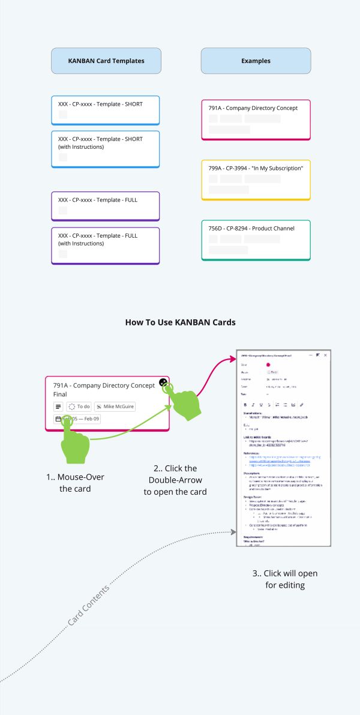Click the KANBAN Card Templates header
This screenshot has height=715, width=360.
[106, 61]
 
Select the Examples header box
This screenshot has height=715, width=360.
[256, 61]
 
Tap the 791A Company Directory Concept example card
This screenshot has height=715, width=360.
[256, 119]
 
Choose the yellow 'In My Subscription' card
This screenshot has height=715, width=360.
[256, 180]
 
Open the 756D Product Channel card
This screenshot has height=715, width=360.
[256, 240]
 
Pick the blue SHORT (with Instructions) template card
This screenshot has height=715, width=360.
[106, 148]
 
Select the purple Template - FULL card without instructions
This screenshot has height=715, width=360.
[106, 205]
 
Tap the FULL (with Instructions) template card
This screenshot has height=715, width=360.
[106, 245]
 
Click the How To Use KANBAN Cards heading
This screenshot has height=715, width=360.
[180, 322]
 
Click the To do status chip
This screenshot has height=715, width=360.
[79, 406]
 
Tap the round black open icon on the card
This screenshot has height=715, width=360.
[163, 382]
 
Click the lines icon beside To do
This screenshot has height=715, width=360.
[59, 406]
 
